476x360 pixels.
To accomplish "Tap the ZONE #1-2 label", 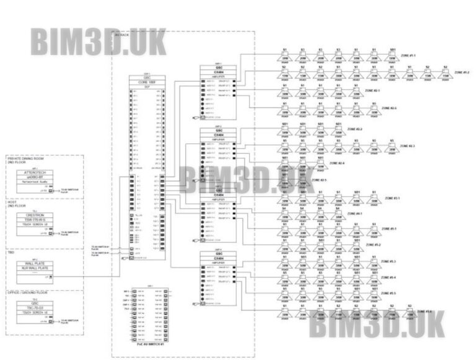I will [x=461, y=72].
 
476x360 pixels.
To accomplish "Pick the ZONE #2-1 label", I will [x=390, y=90].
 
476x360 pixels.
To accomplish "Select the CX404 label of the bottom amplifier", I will [x=218, y=258].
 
